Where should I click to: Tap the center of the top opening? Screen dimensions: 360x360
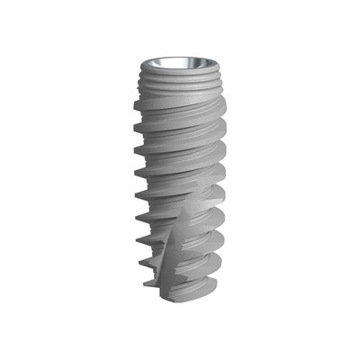point(180,63)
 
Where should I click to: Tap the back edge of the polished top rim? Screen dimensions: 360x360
point(180,57)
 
